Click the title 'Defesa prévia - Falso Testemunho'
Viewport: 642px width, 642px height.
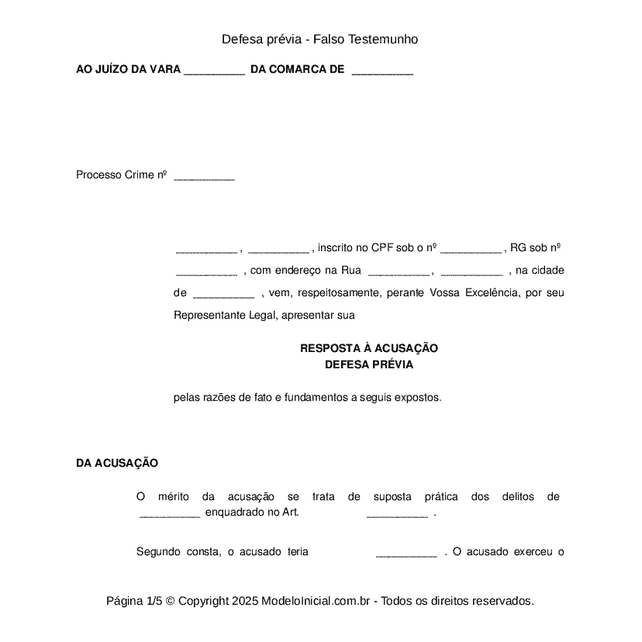pyautogui.click(x=320, y=39)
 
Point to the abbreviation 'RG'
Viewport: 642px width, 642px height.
pyautogui.click(x=518, y=248)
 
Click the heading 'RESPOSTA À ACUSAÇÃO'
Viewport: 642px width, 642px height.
pyautogui.click(x=369, y=349)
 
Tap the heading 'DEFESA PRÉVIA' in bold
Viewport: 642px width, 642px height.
pyautogui.click(x=369, y=364)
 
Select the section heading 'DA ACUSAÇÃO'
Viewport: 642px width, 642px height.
pyautogui.click(x=117, y=463)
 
